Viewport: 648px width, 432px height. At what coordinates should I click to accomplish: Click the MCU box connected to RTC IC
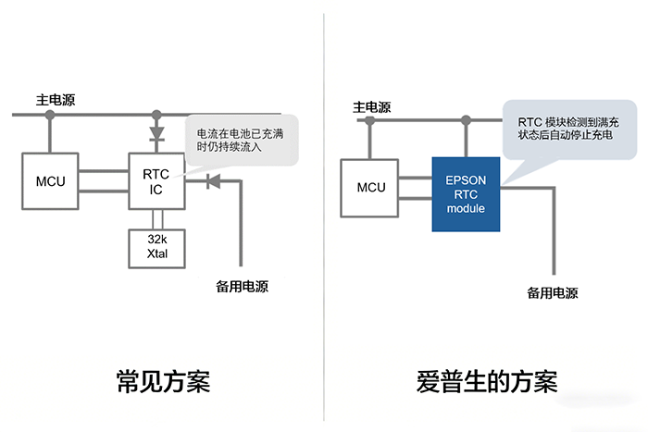coord(51,181)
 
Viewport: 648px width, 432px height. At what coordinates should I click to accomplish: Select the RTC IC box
coord(156,181)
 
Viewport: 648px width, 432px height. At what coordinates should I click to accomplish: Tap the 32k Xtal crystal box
coord(156,245)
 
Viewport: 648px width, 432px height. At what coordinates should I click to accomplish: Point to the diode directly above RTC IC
coord(156,134)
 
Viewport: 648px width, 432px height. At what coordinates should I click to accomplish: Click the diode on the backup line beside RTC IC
coord(212,180)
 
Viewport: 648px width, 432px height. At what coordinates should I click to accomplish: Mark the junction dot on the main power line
coord(156,116)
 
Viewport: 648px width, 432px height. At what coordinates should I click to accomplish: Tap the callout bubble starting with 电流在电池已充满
coord(239,142)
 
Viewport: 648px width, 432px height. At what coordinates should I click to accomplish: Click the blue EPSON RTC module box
coord(465,193)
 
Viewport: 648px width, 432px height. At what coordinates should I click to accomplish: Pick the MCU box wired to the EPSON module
coord(371,188)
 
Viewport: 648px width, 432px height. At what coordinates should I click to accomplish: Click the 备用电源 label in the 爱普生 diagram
coord(553,293)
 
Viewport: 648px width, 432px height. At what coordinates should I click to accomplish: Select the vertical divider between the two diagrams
coord(324,213)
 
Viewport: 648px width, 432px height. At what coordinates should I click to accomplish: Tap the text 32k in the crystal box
coord(156,239)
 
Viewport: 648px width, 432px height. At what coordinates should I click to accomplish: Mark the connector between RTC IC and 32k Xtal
coord(156,218)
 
